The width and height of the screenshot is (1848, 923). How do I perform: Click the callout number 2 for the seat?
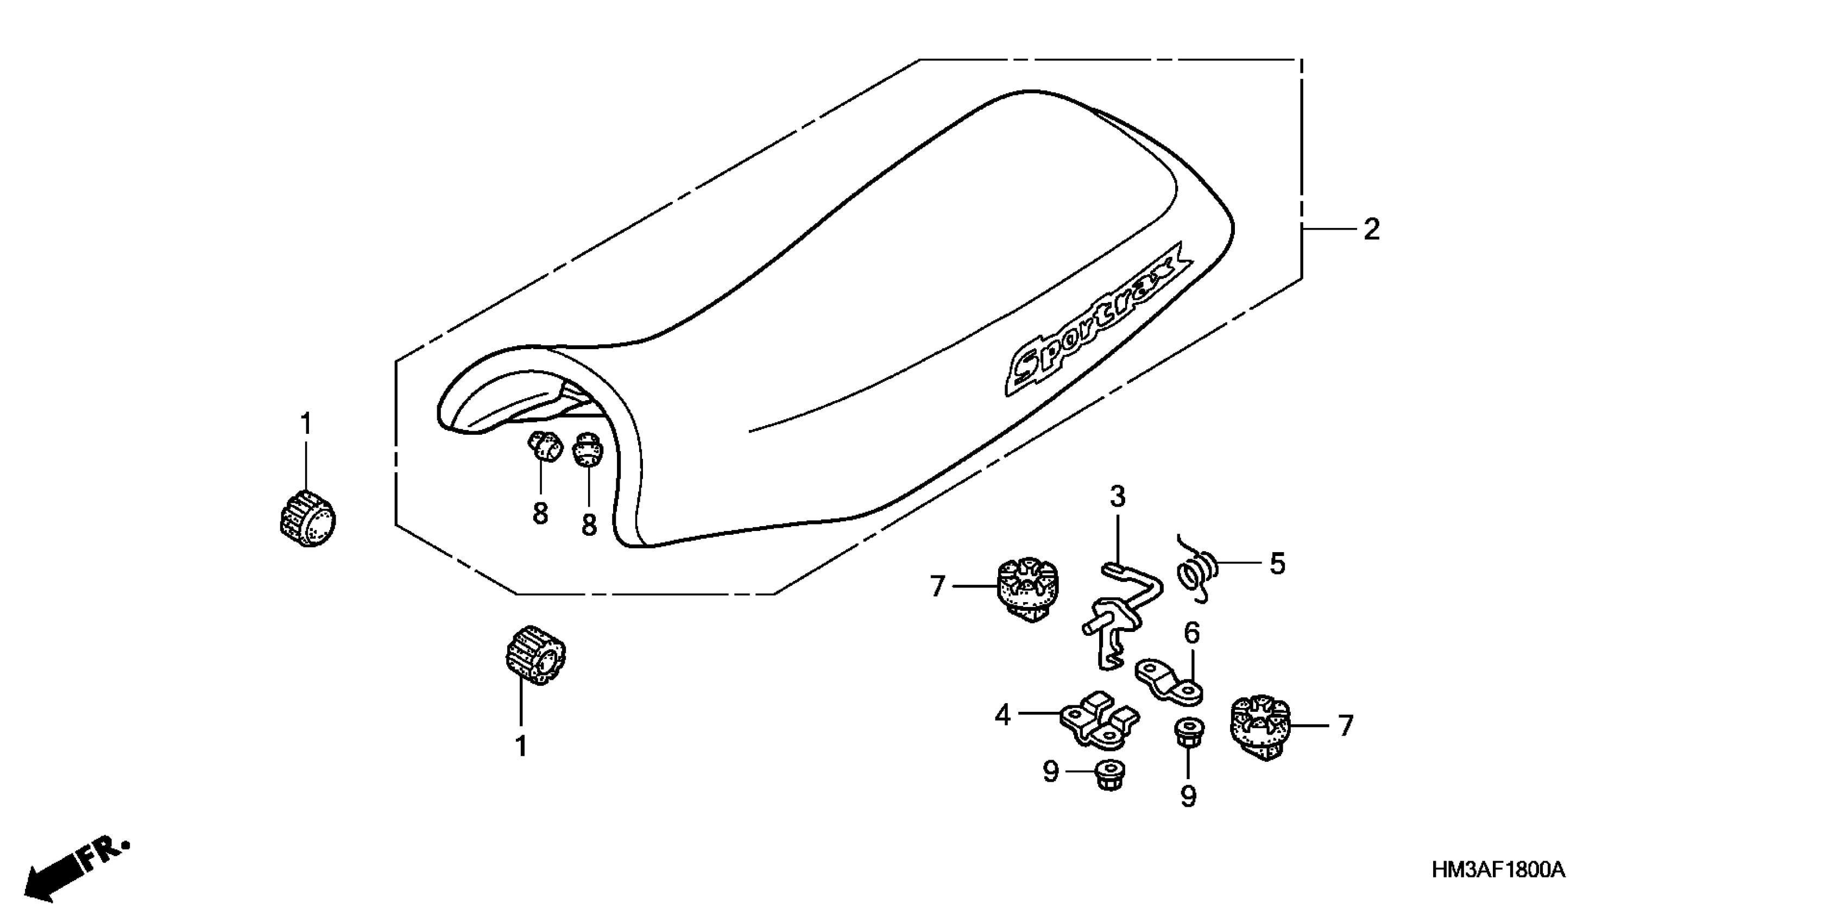pos(1371,230)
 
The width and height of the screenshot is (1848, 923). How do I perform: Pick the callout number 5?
pos(1277,564)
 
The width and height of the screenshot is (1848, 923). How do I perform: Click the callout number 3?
pos(1118,497)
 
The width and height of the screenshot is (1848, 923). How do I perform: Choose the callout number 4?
pos(1002,715)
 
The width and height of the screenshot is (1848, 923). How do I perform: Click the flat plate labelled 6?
pos(1169,681)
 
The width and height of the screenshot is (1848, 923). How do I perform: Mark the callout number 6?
pos(1191,633)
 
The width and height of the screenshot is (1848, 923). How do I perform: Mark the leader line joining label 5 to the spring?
pos(1238,563)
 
